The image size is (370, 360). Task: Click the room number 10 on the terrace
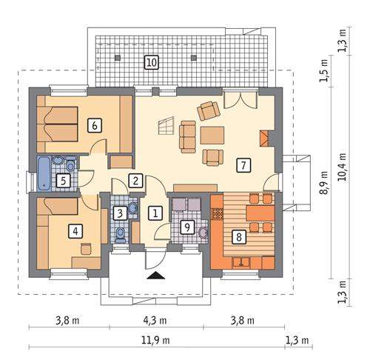152,62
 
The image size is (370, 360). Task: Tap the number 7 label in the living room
243,165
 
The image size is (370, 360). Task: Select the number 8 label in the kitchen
238,237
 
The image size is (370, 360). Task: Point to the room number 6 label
95,126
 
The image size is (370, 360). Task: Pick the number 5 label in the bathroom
63,181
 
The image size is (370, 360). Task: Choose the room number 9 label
187,227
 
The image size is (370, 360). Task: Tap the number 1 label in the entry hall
155,213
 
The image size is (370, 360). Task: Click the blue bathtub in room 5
44,174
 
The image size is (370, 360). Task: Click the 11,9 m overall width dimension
155,341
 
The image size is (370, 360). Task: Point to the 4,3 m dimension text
155,321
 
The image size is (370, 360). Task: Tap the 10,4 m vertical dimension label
343,167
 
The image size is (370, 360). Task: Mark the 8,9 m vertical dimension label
324,183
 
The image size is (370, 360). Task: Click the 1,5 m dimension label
324,70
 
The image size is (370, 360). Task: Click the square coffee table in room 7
212,135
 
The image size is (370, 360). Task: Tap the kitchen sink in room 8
241,262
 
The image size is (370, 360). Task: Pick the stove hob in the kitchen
218,214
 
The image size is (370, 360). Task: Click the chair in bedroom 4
86,249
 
